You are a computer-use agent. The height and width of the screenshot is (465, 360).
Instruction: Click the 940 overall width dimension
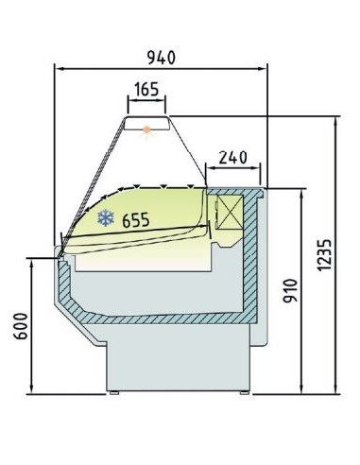tap(162, 58)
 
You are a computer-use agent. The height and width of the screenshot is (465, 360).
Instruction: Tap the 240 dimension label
tap(232, 157)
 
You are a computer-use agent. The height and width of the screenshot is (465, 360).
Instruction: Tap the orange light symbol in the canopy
tap(146, 129)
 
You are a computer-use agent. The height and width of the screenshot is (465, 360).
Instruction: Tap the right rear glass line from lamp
tap(187, 149)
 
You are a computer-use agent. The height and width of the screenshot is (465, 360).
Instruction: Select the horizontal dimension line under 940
tap(162, 68)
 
